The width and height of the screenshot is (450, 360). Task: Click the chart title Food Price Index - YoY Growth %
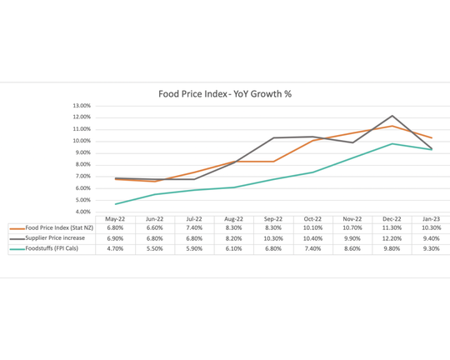point(225,94)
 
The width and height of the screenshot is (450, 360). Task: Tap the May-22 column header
point(115,218)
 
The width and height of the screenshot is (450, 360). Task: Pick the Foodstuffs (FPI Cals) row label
point(52,248)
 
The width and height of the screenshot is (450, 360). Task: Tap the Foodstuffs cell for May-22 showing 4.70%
point(115,248)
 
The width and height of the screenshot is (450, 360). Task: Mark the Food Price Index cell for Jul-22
point(194,227)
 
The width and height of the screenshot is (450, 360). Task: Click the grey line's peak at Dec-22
point(392,116)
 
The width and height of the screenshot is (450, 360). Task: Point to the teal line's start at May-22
point(115,204)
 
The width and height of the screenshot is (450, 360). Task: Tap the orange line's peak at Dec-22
point(392,126)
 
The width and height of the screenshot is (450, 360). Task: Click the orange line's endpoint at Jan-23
point(431,137)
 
